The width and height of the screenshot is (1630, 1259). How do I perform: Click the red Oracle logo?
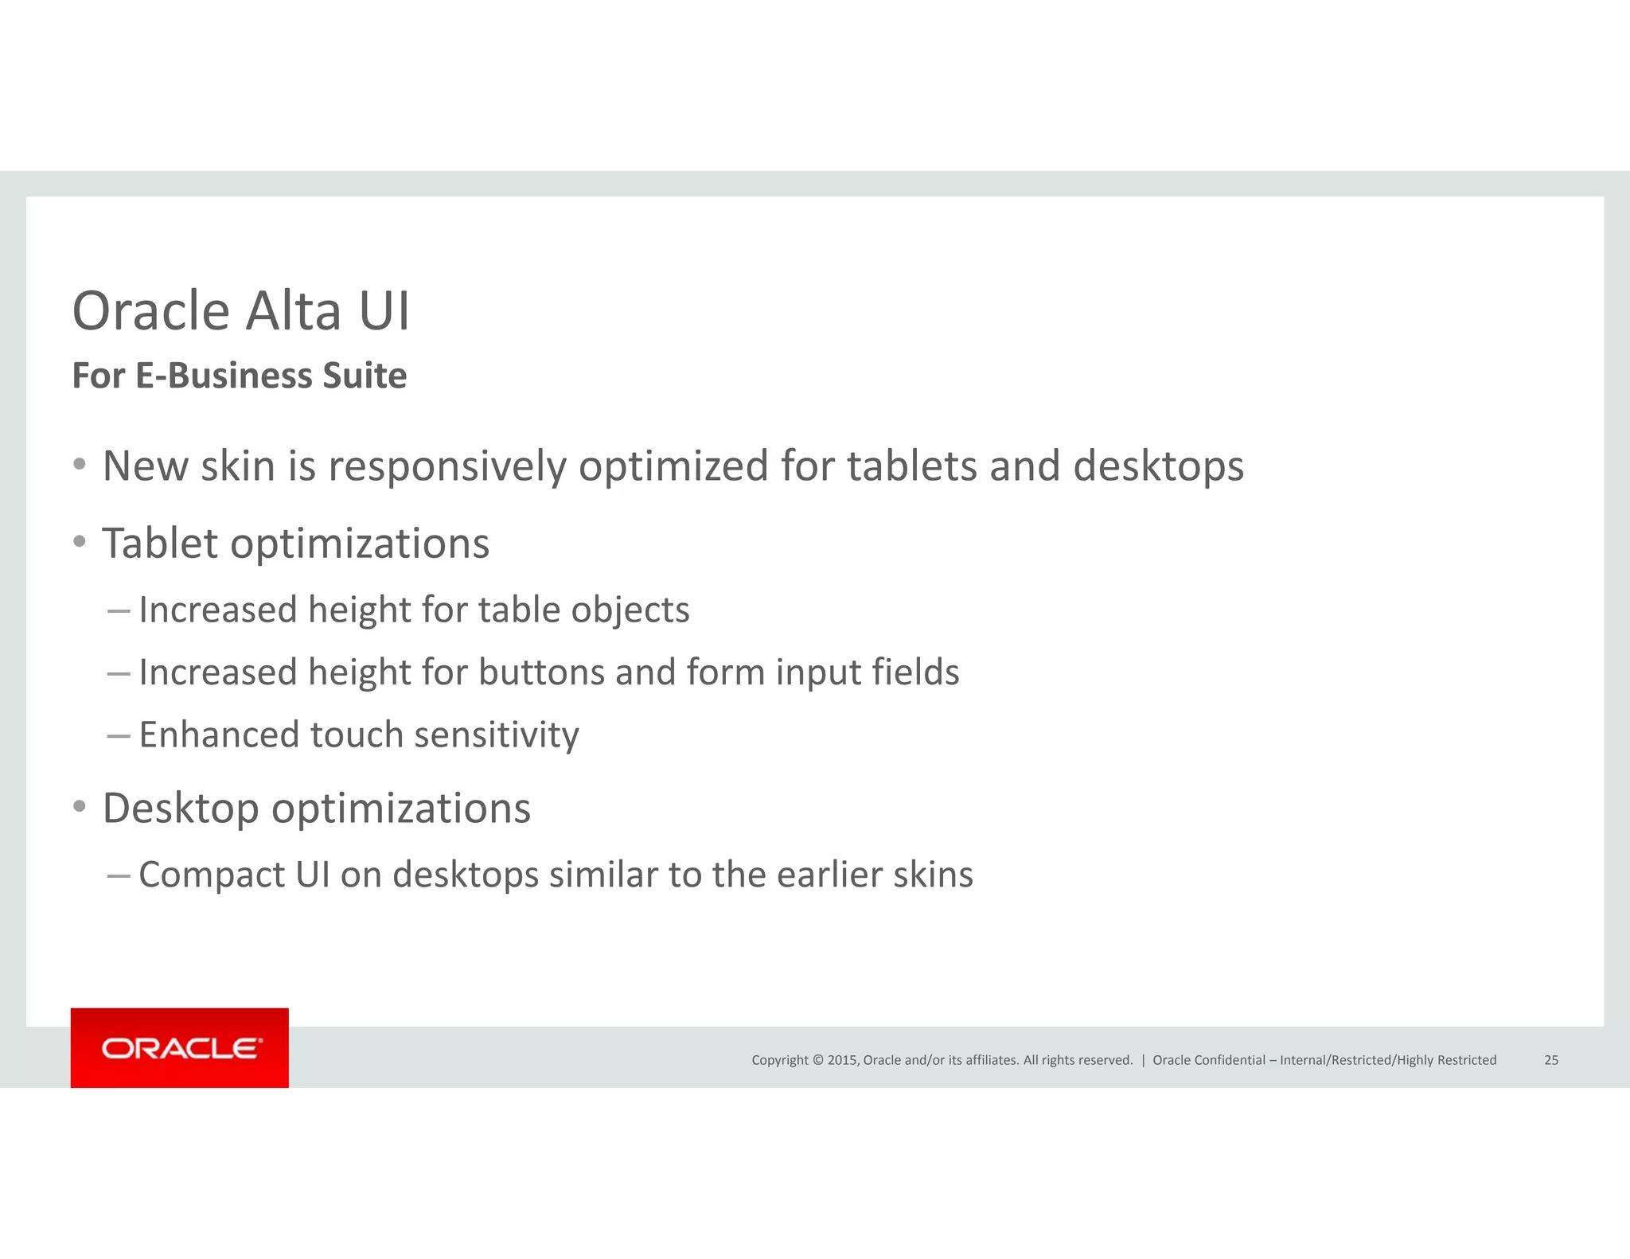tap(180, 1048)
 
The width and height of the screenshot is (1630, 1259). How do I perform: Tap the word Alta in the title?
tap(293, 310)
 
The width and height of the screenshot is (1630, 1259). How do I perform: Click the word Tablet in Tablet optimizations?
tap(159, 544)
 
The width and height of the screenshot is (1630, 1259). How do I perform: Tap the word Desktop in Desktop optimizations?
tap(181, 809)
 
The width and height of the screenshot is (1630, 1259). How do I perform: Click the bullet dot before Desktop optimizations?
tap(80, 806)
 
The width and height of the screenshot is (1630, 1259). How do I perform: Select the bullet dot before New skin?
tap(80, 464)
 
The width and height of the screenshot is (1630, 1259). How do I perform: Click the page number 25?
tap(1551, 1060)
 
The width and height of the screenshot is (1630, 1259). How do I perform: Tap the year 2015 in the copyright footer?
tap(841, 1060)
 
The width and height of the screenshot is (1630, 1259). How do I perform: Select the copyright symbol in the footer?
tap(817, 1060)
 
